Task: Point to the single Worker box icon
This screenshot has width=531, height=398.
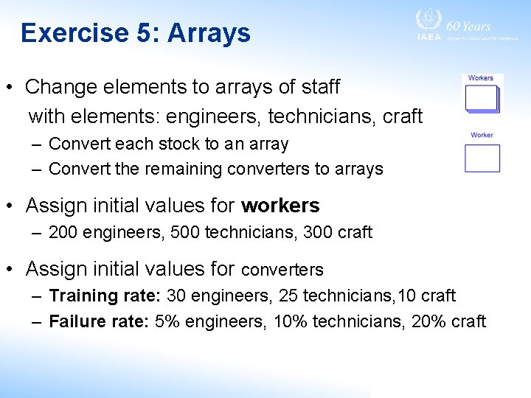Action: [x=482, y=158]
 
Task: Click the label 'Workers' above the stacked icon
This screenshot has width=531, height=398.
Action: [x=481, y=78]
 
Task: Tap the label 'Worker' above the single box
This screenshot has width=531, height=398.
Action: [x=482, y=135]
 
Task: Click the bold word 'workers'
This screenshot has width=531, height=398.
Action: [x=280, y=205]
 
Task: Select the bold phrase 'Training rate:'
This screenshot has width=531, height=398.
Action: [x=105, y=296]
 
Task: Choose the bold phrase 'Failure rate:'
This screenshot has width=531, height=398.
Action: [x=100, y=321]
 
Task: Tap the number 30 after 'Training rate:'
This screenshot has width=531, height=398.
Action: [x=177, y=296]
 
